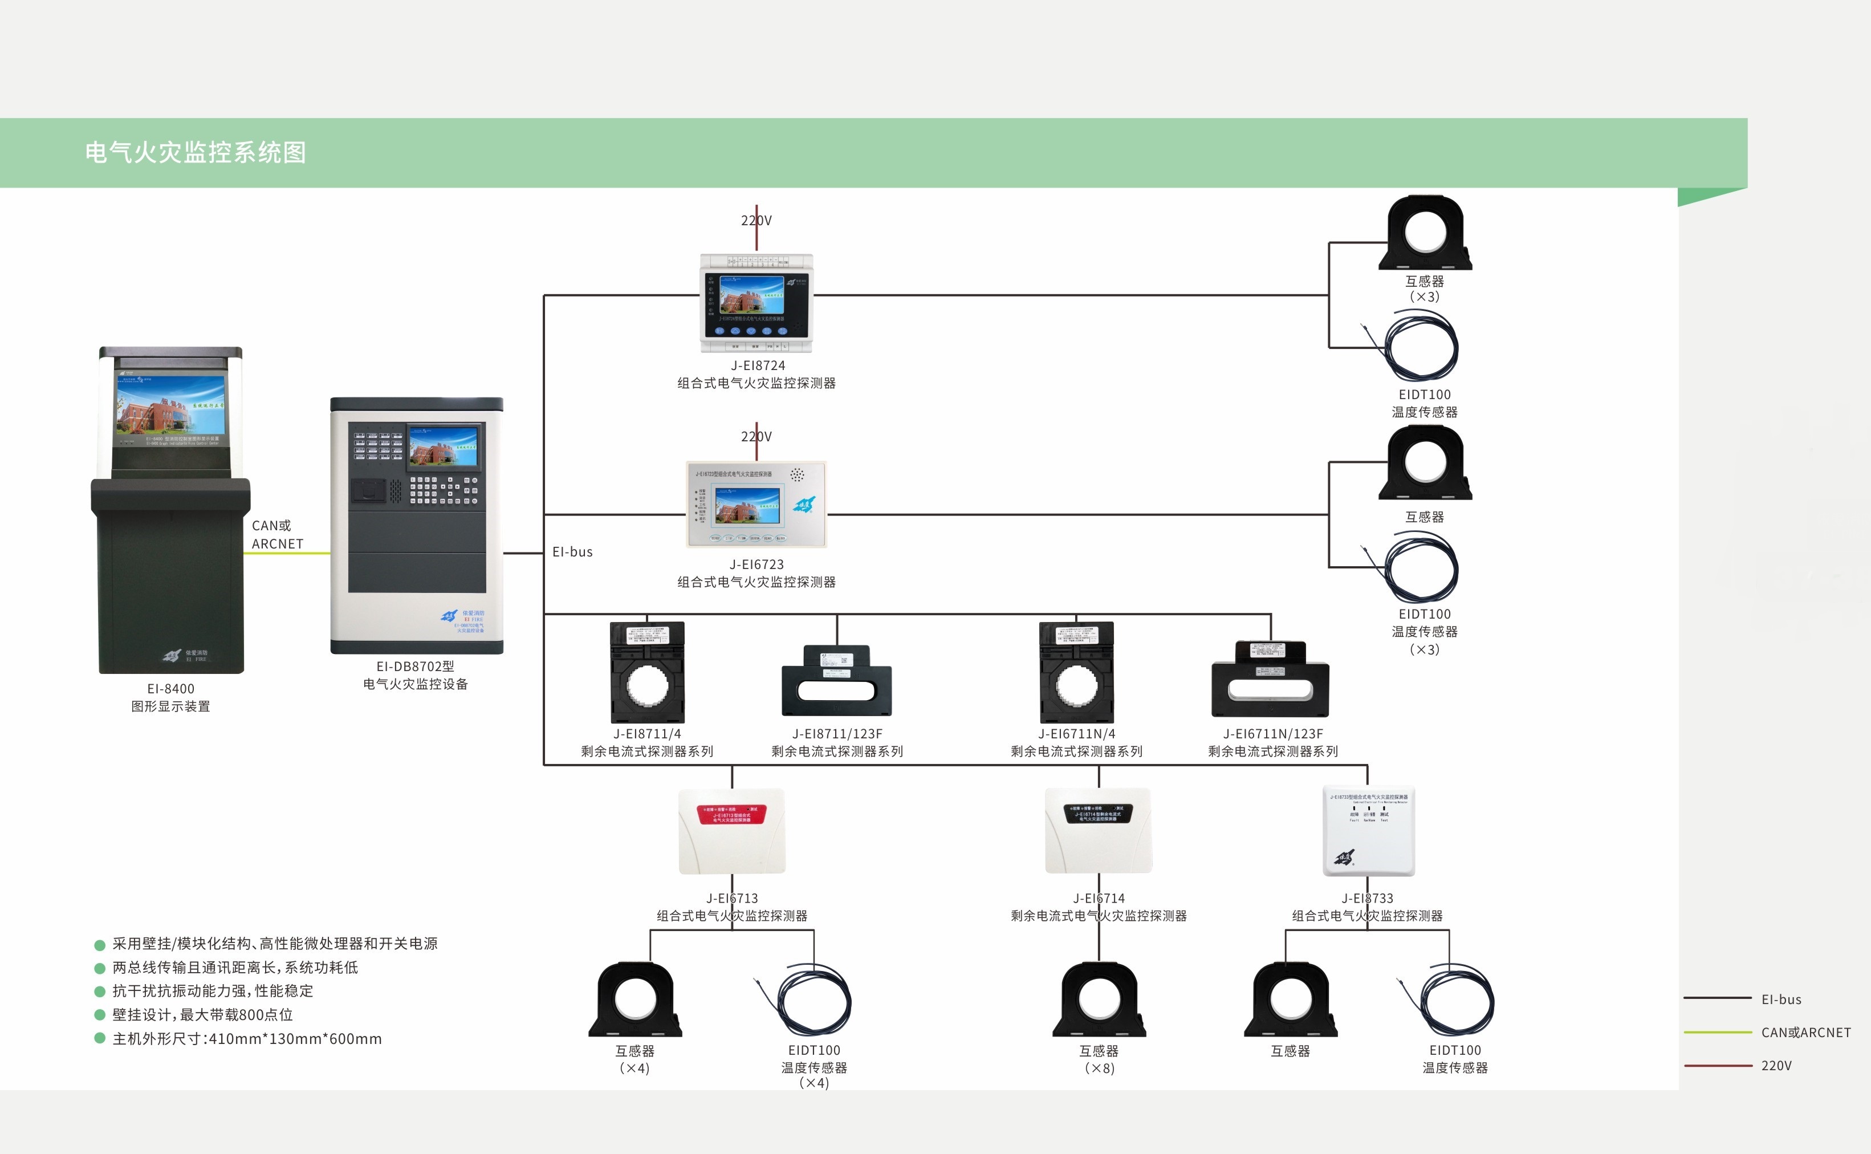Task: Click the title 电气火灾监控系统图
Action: pos(196,153)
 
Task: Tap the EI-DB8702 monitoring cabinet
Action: pos(417,525)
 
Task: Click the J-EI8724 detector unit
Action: pos(756,303)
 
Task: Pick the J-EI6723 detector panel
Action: pos(756,505)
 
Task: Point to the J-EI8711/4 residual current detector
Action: pos(647,672)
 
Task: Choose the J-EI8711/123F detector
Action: pos(836,681)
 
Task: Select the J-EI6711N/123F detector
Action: pos(1271,679)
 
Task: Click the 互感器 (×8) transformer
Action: pos(1099,1000)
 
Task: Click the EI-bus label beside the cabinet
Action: pos(572,552)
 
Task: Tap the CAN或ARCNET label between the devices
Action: pos(277,534)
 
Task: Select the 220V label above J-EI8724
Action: pos(756,221)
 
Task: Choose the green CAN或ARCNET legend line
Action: pos(1718,1032)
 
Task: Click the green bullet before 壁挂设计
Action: pos(99,1015)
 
